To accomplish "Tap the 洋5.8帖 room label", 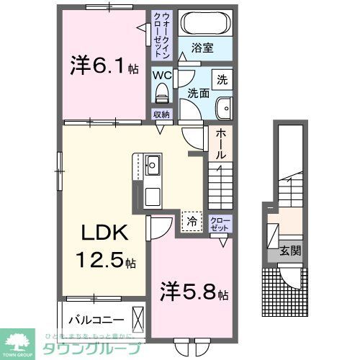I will pos(194,294).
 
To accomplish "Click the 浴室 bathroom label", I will pos(201,50).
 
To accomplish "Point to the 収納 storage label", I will pos(161,114).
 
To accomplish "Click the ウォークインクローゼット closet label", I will pos(161,34).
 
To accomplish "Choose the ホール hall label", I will pos(221,143).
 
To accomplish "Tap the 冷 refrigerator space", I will pos(192,220).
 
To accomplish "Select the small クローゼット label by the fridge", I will pos(219,223).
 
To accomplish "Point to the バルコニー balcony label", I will pos(96,318).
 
